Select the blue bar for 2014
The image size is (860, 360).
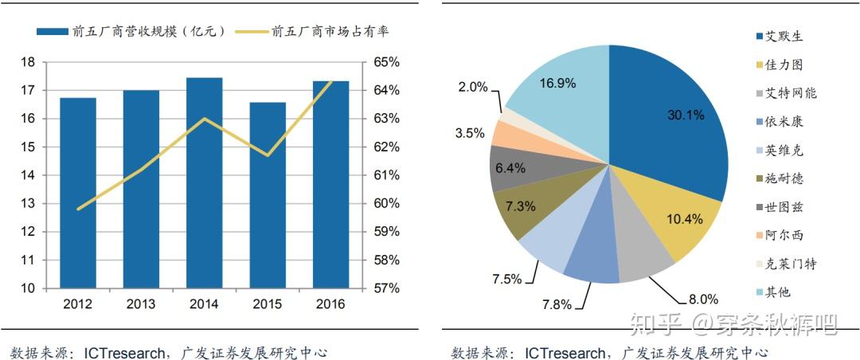[x=204, y=182]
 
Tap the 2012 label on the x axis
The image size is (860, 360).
[x=78, y=304]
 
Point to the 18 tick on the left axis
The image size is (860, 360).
[x=28, y=62]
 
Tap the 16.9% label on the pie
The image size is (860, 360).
[x=557, y=83]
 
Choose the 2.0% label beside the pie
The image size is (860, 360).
[x=472, y=87]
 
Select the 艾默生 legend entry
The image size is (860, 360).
[x=784, y=36]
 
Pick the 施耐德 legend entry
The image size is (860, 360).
[x=784, y=178]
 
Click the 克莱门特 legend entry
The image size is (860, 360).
[x=790, y=264]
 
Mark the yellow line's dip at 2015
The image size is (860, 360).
[x=267, y=155]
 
